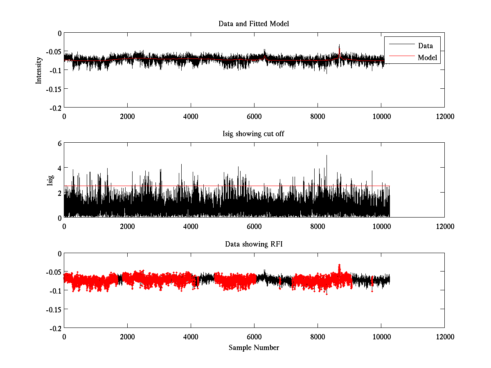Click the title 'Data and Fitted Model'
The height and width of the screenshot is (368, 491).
[x=254, y=24]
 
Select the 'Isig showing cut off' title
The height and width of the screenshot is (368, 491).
[x=254, y=134]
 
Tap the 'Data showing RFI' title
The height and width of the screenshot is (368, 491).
[x=254, y=244]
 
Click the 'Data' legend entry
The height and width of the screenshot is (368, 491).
[x=425, y=46]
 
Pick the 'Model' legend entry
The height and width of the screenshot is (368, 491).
[x=427, y=58]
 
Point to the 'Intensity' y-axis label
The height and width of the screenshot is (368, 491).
[x=39, y=70]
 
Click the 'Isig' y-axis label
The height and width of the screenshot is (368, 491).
[x=50, y=180]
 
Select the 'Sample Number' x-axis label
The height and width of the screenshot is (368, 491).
[x=254, y=348]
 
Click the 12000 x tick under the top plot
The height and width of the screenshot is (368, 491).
[x=444, y=116]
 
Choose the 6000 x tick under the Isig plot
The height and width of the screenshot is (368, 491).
[x=254, y=226]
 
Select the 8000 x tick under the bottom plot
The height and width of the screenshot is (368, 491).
[x=318, y=337]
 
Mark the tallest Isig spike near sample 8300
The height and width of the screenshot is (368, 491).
[x=327, y=156]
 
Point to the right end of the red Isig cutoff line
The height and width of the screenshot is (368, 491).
[x=390, y=186]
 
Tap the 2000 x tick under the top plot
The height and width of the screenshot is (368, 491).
[x=127, y=116]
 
